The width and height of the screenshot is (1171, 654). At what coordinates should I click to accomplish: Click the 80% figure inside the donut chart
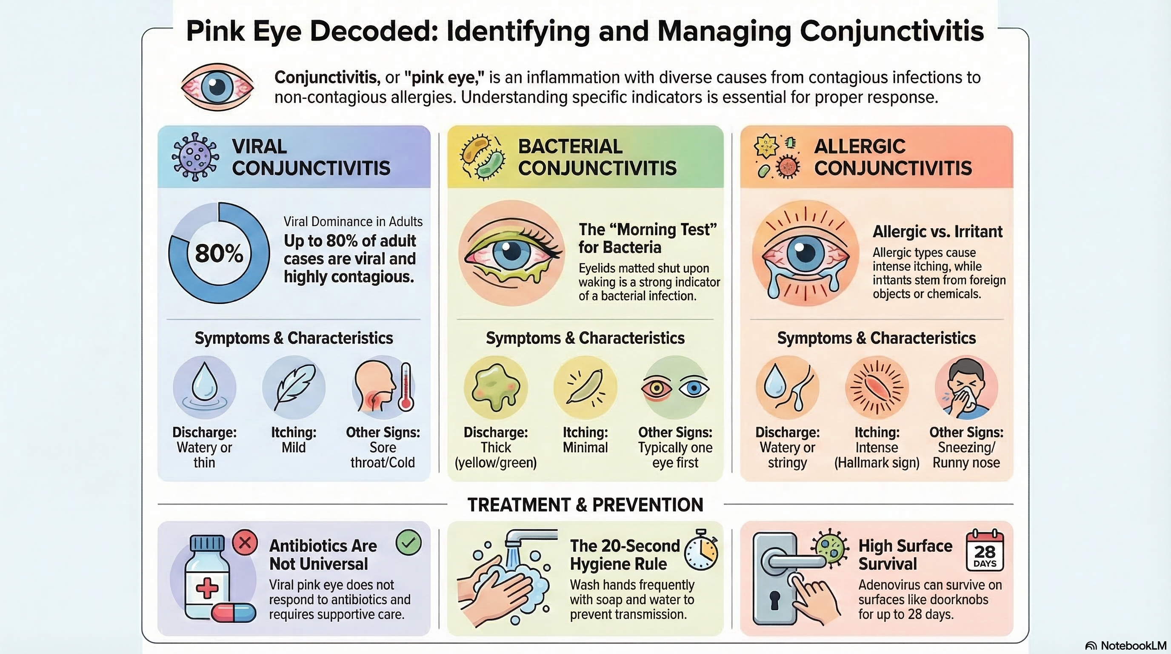(219, 253)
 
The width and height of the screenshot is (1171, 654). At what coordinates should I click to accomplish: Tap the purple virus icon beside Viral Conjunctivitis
(195, 157)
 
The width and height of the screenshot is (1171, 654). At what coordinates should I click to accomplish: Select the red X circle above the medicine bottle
(245, 542)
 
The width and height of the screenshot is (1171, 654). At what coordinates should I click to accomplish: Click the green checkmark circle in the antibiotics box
(408, 542)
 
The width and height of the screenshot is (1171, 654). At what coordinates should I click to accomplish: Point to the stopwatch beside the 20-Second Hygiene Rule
(701, 550)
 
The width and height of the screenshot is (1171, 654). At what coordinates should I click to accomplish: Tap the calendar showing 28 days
(985, 550)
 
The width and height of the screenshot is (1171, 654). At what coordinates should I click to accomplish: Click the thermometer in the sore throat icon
(406, 387)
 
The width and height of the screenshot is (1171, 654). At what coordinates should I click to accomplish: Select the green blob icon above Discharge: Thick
(495, 387)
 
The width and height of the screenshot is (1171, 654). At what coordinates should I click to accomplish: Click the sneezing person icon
(965, 387)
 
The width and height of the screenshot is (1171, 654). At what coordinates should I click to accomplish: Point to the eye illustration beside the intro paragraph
(217, 86)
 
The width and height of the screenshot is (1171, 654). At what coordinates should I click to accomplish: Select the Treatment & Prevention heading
(585, 505)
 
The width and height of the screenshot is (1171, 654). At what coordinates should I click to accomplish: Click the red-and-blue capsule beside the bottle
(234, 612)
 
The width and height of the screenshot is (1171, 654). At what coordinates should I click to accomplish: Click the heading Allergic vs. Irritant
(937, 232)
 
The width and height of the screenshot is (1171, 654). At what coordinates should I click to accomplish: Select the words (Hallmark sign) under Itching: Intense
(877, 463)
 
